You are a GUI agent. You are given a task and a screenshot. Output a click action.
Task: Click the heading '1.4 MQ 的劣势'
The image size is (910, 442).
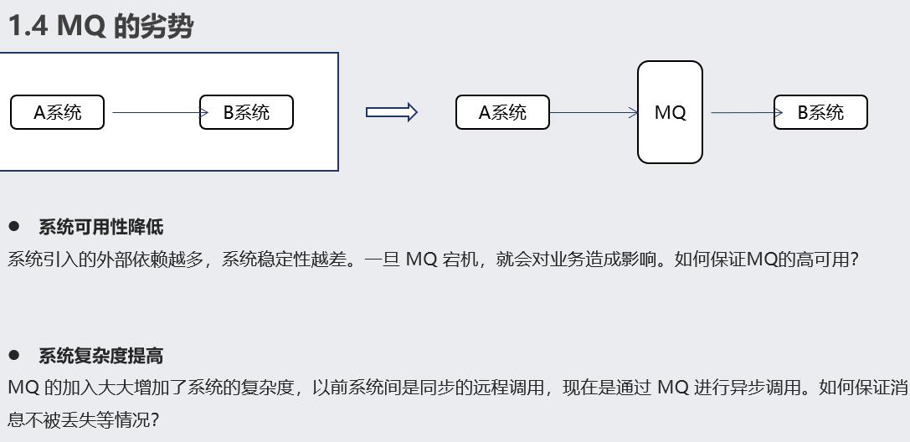[x=100, y=27]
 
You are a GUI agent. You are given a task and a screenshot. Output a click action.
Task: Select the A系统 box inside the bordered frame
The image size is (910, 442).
[x=57, y=112]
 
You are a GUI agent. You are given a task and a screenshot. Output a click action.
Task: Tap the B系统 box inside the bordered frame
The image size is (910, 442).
[x=246, y=112]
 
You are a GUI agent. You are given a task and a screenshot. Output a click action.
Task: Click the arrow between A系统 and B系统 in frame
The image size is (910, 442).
[x=155, y=112]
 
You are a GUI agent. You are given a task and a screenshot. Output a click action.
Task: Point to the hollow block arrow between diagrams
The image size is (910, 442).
[x=391, y=112]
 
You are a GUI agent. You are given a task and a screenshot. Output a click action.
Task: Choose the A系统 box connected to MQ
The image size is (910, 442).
[x=502, y=112]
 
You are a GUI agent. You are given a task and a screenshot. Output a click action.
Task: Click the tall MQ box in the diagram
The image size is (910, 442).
[x=670, y=112]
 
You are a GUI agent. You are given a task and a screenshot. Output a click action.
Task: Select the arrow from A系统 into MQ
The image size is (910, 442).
[x=593, y=112]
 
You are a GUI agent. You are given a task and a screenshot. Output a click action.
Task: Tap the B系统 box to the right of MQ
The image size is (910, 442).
[x=820, y=112]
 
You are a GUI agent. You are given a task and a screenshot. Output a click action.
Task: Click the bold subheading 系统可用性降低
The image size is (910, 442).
[x=100, y=227]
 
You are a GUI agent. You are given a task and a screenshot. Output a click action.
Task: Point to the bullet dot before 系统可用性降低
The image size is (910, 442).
[x=13, y=227]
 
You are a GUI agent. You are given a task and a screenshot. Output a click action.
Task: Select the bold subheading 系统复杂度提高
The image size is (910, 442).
[x=100, y=356]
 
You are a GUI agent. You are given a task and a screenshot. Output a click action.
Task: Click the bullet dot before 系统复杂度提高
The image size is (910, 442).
[x=13, y=356]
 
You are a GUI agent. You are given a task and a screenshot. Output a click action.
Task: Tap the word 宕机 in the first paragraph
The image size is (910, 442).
[x=460, y=260]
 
